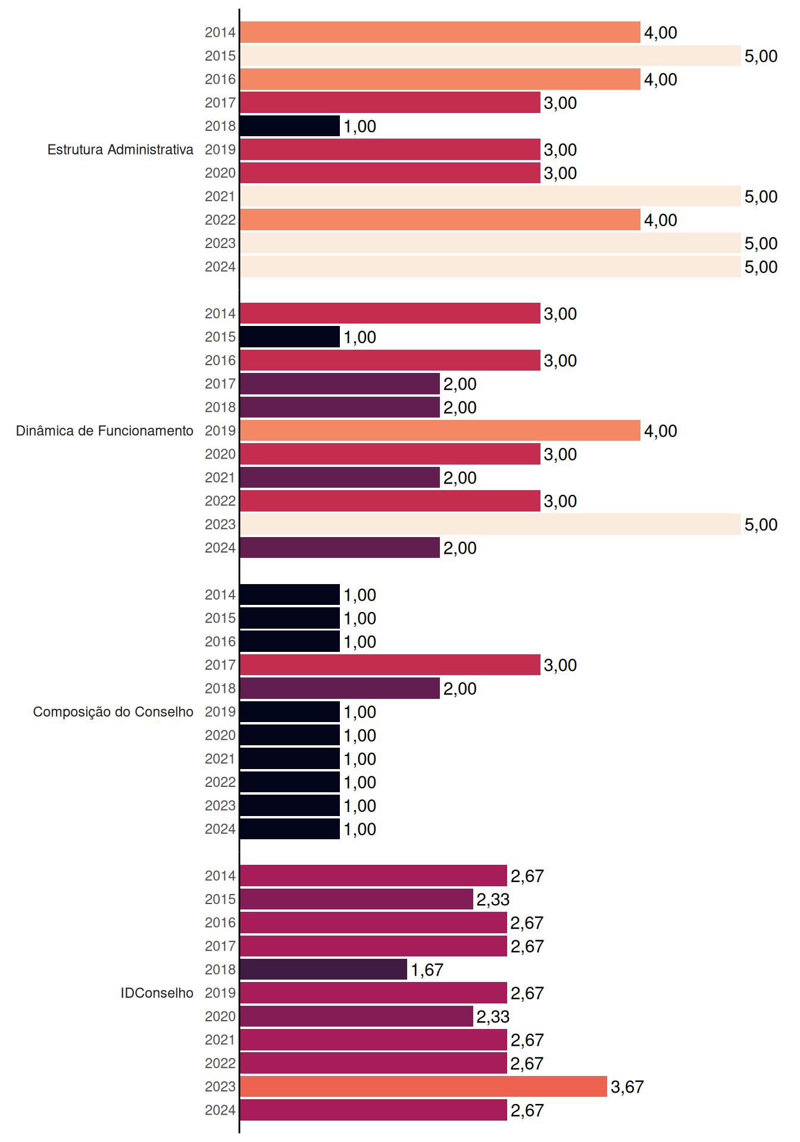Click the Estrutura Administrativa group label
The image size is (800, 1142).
click(x=120, y=149)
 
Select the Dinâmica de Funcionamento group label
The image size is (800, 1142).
click(x=105, y=431)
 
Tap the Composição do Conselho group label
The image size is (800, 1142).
click(x=113, y=712)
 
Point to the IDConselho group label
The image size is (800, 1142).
click(x=157, y=993)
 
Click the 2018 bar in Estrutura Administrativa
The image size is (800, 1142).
click(x=290, y=126)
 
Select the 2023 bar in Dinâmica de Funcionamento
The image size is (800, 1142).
click(x=490, y=524)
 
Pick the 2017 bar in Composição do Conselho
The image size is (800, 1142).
click(x=390, y=665)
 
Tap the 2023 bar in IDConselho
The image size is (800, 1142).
click(x=423, y=1087)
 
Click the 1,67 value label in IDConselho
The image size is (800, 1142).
click(x=427, y=970)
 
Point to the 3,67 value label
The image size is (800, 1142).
click(x=627, y=1087)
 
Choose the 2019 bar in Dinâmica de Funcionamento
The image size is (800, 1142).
click(x=440, y=431)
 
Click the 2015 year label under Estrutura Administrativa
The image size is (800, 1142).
click(x=220, y=56)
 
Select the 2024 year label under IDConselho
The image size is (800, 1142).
click(x=220, y=1110)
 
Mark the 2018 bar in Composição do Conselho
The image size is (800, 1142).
click(x=340, y=688)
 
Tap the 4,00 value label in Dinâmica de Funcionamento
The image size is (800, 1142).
click(x=661, y=431)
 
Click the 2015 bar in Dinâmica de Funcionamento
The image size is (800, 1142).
click(x=290, y=337)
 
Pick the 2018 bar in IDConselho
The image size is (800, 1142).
click(x=323, y=970)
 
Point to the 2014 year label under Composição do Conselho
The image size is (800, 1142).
click(x=220, y=595)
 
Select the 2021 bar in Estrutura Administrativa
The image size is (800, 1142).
click(x=490, y=196)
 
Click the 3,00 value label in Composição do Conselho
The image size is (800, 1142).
click(x=560, y=666)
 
